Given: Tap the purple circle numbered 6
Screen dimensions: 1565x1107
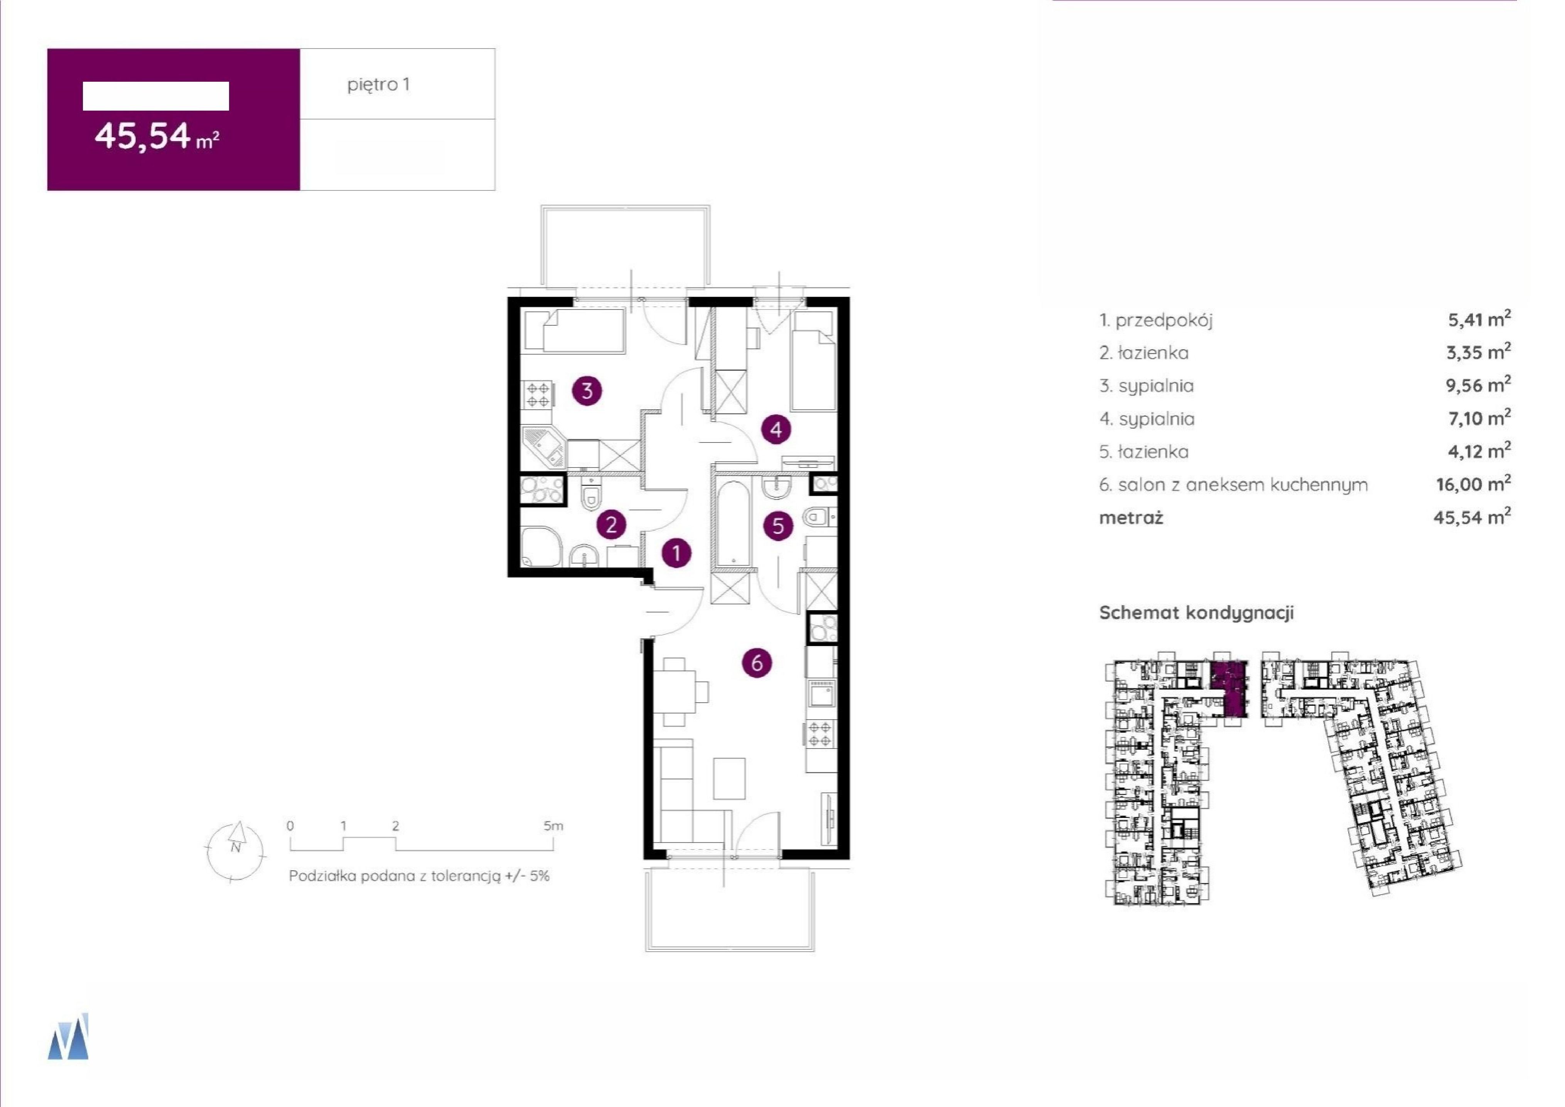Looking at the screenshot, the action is pyautogui.click(x=757, y=663).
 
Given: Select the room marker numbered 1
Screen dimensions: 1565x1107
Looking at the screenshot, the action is pyautogui.click(x=676, y=553).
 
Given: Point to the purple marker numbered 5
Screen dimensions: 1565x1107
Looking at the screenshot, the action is pyautogui.click(x=778, y=526).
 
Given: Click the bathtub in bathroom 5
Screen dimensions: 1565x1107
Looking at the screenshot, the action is pyautogui.click(x=733, y=523).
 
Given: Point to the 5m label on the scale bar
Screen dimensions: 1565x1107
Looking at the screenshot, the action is pyautogui.click(x=553, y=826).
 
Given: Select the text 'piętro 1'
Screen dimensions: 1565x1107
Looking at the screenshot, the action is pyautogui.click(x=378, y=84).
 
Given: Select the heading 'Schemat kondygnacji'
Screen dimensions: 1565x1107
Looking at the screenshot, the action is pyautogui.click(x=1196, y=613).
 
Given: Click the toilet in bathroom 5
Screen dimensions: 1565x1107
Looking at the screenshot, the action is pyautogui.click(x=817, y=517).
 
